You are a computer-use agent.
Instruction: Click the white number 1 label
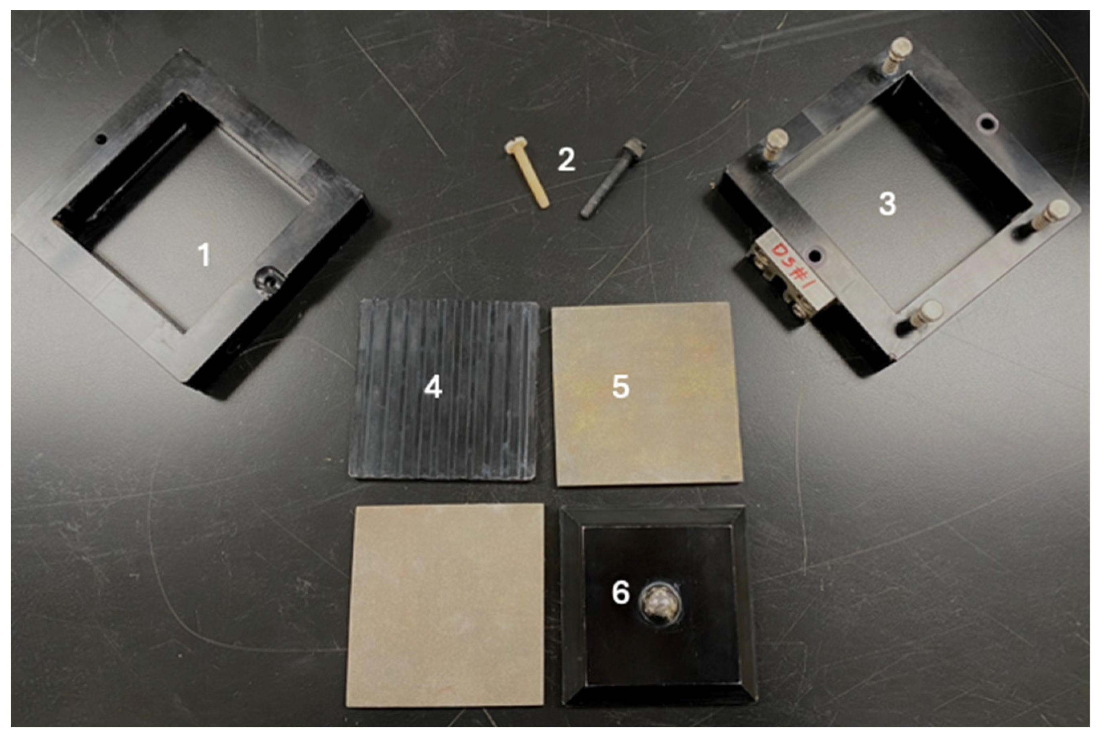click(x=204, y=255)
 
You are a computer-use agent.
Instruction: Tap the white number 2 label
click(x=566, y=160)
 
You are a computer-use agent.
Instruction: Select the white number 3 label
click(x=887, y=204)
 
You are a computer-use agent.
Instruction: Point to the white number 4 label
click(x=433, y=387)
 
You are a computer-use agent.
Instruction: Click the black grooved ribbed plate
click(x=444, y=391)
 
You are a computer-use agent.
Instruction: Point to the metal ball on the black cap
click(x=659, y=605)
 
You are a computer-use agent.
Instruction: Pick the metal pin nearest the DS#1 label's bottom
click(x=926, y=314)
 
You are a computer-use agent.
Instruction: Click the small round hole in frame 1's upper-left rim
click(x=101, y=139)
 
